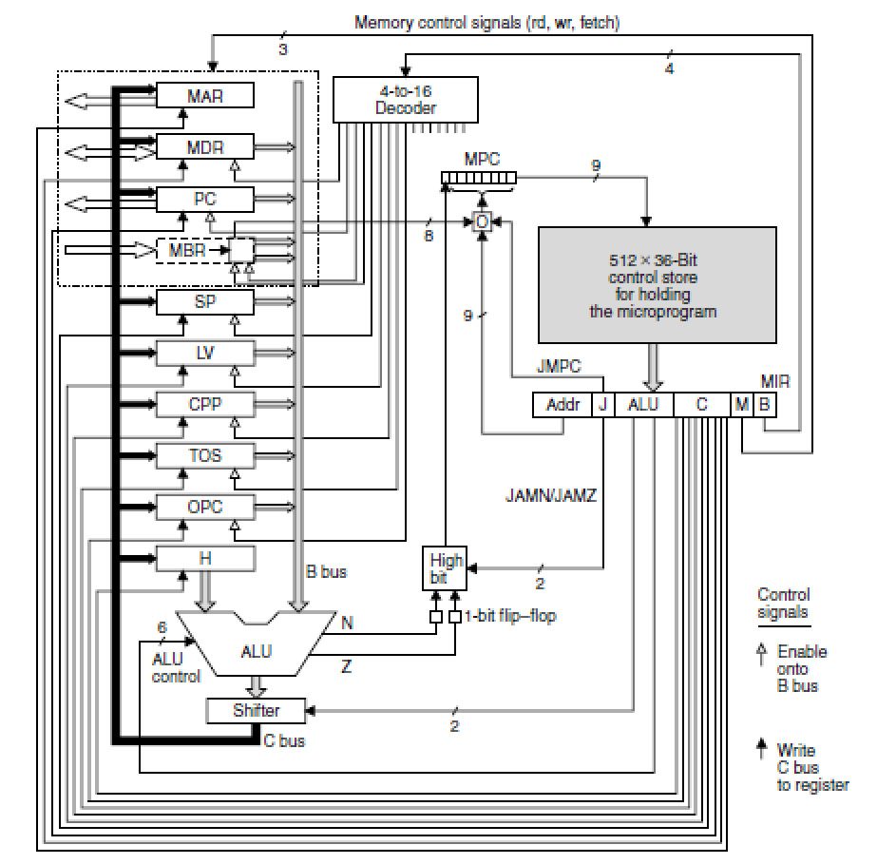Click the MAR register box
pos(205,95)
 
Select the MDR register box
pos(205,146)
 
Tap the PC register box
pos(205,199)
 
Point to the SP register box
pos(205,302)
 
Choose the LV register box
pos(205,353)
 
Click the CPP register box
pos(205,404)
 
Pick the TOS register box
pos(205,455)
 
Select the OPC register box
pos(205,507)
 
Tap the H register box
pos(205,558)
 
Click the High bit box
pos(445,567)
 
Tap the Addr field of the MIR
pos(562,404)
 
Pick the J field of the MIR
pos(602,404)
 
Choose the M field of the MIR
pos(741,404)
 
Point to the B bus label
pos(326,572)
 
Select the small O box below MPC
pos(482,221)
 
